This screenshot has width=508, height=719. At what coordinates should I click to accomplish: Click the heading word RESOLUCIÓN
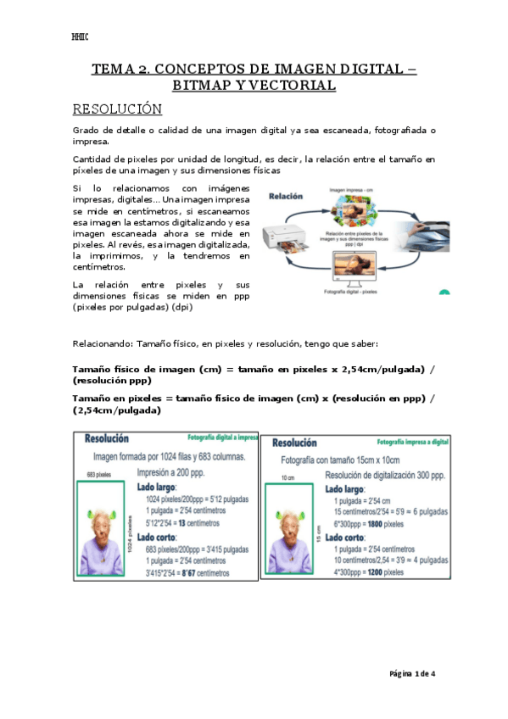click(117, 109)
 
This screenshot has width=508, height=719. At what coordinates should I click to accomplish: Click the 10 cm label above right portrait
click(287, 480)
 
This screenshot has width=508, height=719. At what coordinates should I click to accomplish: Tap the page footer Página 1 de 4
click(412, 673)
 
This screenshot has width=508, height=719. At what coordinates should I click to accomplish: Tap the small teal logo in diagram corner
click(444, 293)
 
